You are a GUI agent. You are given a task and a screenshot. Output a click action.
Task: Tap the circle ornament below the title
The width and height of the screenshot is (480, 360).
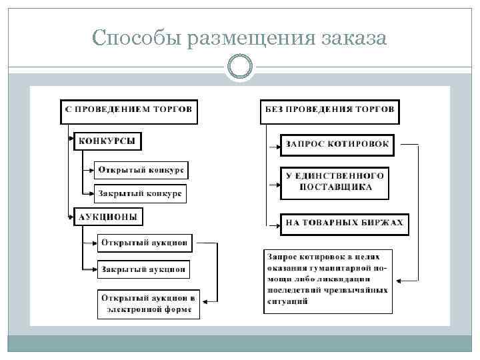(239, 67)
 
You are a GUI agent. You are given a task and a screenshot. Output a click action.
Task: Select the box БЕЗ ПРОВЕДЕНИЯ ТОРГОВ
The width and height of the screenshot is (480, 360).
(329, 111)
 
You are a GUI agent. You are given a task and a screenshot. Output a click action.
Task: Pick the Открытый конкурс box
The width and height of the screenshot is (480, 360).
(141, 170)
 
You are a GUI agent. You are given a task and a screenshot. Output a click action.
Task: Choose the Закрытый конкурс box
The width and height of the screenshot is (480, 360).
(140, 194)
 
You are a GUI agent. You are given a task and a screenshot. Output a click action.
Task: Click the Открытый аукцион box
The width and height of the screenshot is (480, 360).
(145, 243)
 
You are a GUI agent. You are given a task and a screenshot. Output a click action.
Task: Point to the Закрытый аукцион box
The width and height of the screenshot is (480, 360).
(143, 269)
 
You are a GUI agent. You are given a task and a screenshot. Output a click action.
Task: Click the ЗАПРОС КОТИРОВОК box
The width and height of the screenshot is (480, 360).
(338, 144)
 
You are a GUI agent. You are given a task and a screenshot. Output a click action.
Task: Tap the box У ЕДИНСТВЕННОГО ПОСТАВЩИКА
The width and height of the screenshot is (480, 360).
(335, 183)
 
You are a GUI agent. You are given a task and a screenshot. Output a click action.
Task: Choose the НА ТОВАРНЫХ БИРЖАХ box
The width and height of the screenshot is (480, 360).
(344, 223)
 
